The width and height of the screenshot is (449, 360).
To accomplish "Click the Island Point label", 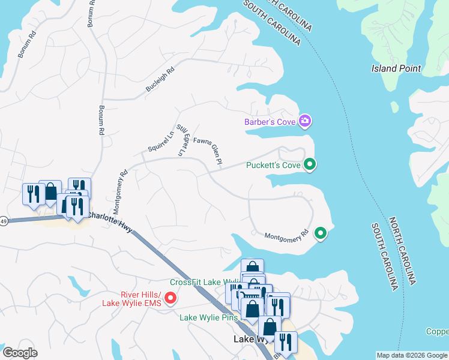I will [x=396, y=68].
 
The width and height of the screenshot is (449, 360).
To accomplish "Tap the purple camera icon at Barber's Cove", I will [x=306, y=122].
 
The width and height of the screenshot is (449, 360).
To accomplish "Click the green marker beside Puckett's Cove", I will [x=310, y=164].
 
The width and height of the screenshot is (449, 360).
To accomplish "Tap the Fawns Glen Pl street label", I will [x=208, y=150].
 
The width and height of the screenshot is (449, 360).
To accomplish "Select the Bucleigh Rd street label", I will [x=160, y=80].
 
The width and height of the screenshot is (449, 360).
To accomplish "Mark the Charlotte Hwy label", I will [x=110, y=217].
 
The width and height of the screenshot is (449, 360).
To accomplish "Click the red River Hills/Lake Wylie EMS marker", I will [x=170, y=297].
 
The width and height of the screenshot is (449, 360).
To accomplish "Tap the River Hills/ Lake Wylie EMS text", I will [x=133, y=298].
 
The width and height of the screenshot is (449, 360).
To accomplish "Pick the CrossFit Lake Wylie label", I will [x=204, y=283].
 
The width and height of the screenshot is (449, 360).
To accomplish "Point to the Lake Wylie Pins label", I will [x=209, y=317].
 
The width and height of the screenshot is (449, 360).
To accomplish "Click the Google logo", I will [x=20, y=353].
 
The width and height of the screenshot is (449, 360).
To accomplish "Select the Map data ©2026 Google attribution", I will [x=412, y=355].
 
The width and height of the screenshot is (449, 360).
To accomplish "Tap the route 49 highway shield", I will [x=3, y=221].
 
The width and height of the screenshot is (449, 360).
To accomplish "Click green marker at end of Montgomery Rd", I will [x=321, y=233].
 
